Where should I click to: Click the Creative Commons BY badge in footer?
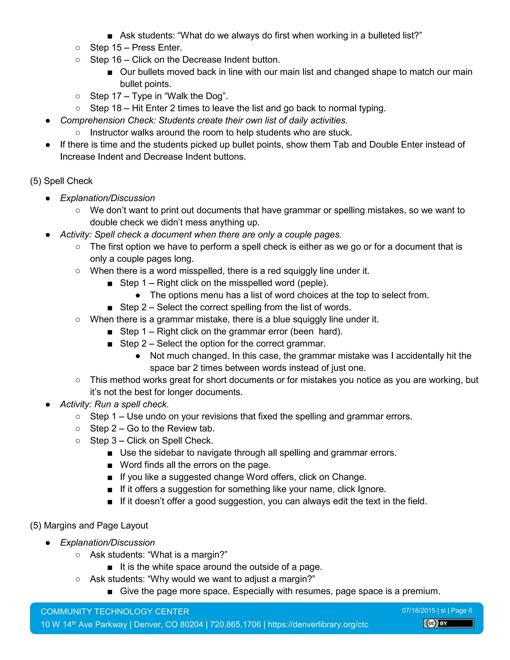[448, 623]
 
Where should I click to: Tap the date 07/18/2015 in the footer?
[418, 610]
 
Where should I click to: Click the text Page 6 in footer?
[461, 610]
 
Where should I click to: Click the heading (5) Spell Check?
[61, 181]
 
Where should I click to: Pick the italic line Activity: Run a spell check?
[114, 404]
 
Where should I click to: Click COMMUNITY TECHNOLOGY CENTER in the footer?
[115, 611]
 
